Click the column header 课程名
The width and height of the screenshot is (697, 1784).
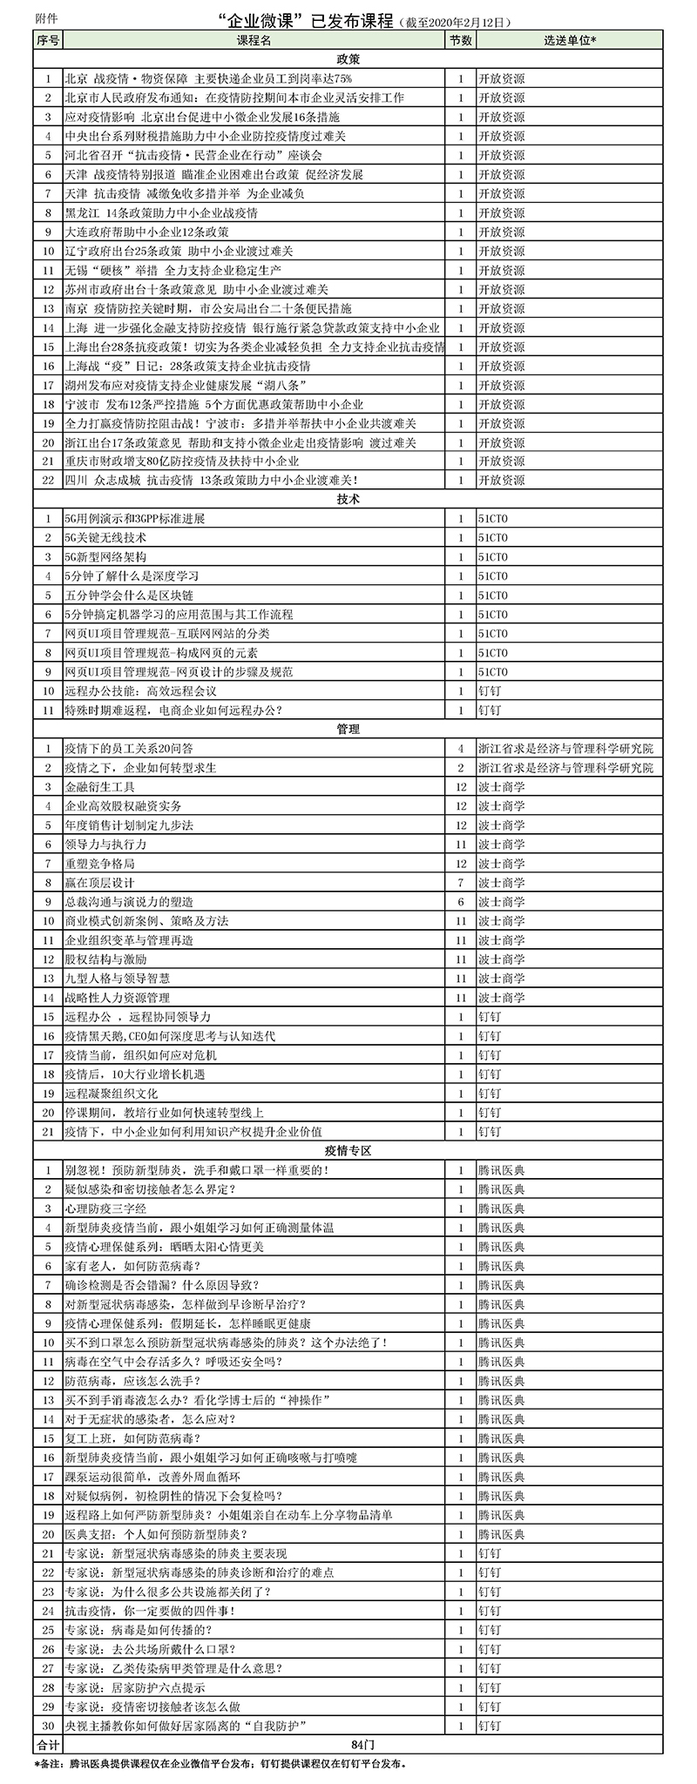coord(254,40)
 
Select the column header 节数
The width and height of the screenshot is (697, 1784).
coord(460,40)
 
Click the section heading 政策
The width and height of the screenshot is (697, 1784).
coord(348,59)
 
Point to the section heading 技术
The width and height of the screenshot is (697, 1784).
coord(348,500)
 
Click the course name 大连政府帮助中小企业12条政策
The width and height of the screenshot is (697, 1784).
coord(147,232)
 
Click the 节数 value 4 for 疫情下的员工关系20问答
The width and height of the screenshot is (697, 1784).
coord(460,749)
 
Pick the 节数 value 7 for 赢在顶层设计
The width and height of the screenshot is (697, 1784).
coord(460,883)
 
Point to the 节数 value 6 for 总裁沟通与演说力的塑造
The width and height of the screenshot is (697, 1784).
coord(460,902)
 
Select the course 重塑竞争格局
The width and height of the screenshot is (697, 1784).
coord(100,864)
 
